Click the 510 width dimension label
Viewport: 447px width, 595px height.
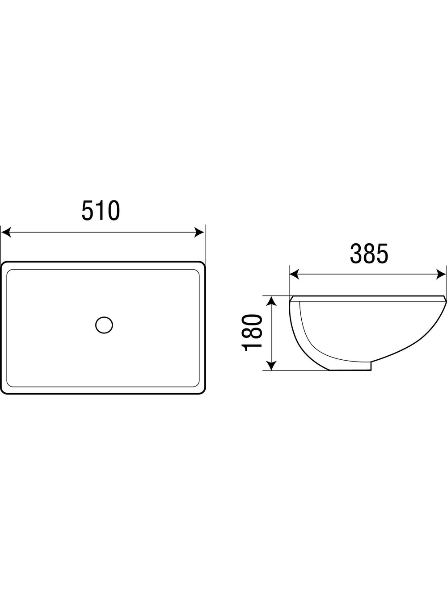pos(101,210)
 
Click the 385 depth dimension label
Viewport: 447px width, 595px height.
pos(369,254)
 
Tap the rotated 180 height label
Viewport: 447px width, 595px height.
pos(252,333)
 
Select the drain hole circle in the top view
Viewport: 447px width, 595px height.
pos(104,325)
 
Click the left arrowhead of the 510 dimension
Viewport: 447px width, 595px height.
pos(6,232)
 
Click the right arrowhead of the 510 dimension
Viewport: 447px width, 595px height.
pos(199,232)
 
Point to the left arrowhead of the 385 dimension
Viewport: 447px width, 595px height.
pos(294,274)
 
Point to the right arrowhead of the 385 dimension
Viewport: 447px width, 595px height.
pos(441,274)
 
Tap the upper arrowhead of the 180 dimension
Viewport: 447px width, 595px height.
pos(271,301)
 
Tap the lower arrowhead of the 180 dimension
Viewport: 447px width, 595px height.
pos(271,366)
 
